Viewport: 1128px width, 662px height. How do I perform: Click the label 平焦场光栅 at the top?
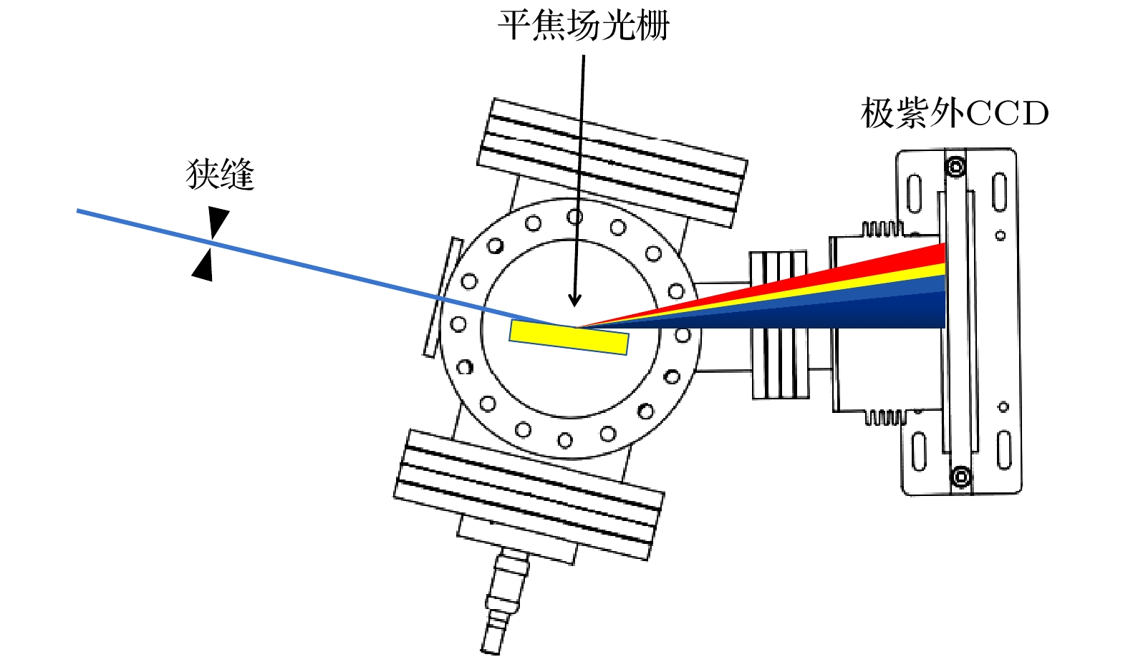[583, 26]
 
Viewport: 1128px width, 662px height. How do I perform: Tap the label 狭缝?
[220, 175]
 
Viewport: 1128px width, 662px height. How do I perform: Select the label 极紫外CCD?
[954, 113]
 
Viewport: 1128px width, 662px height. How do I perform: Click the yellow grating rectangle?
[569, 337]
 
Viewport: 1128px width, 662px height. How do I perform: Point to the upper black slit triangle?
[218, 221]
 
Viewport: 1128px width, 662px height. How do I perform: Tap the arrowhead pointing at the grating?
[574, 299]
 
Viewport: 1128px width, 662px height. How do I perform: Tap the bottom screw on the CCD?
[961, 476]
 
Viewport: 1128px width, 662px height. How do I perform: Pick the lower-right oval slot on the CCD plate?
[1004, 449]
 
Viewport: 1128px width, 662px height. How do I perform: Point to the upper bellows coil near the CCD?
[881, 229]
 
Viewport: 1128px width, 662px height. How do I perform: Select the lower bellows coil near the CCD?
[885, 417]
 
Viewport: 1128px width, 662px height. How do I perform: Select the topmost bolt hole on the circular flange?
[574, 216]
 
